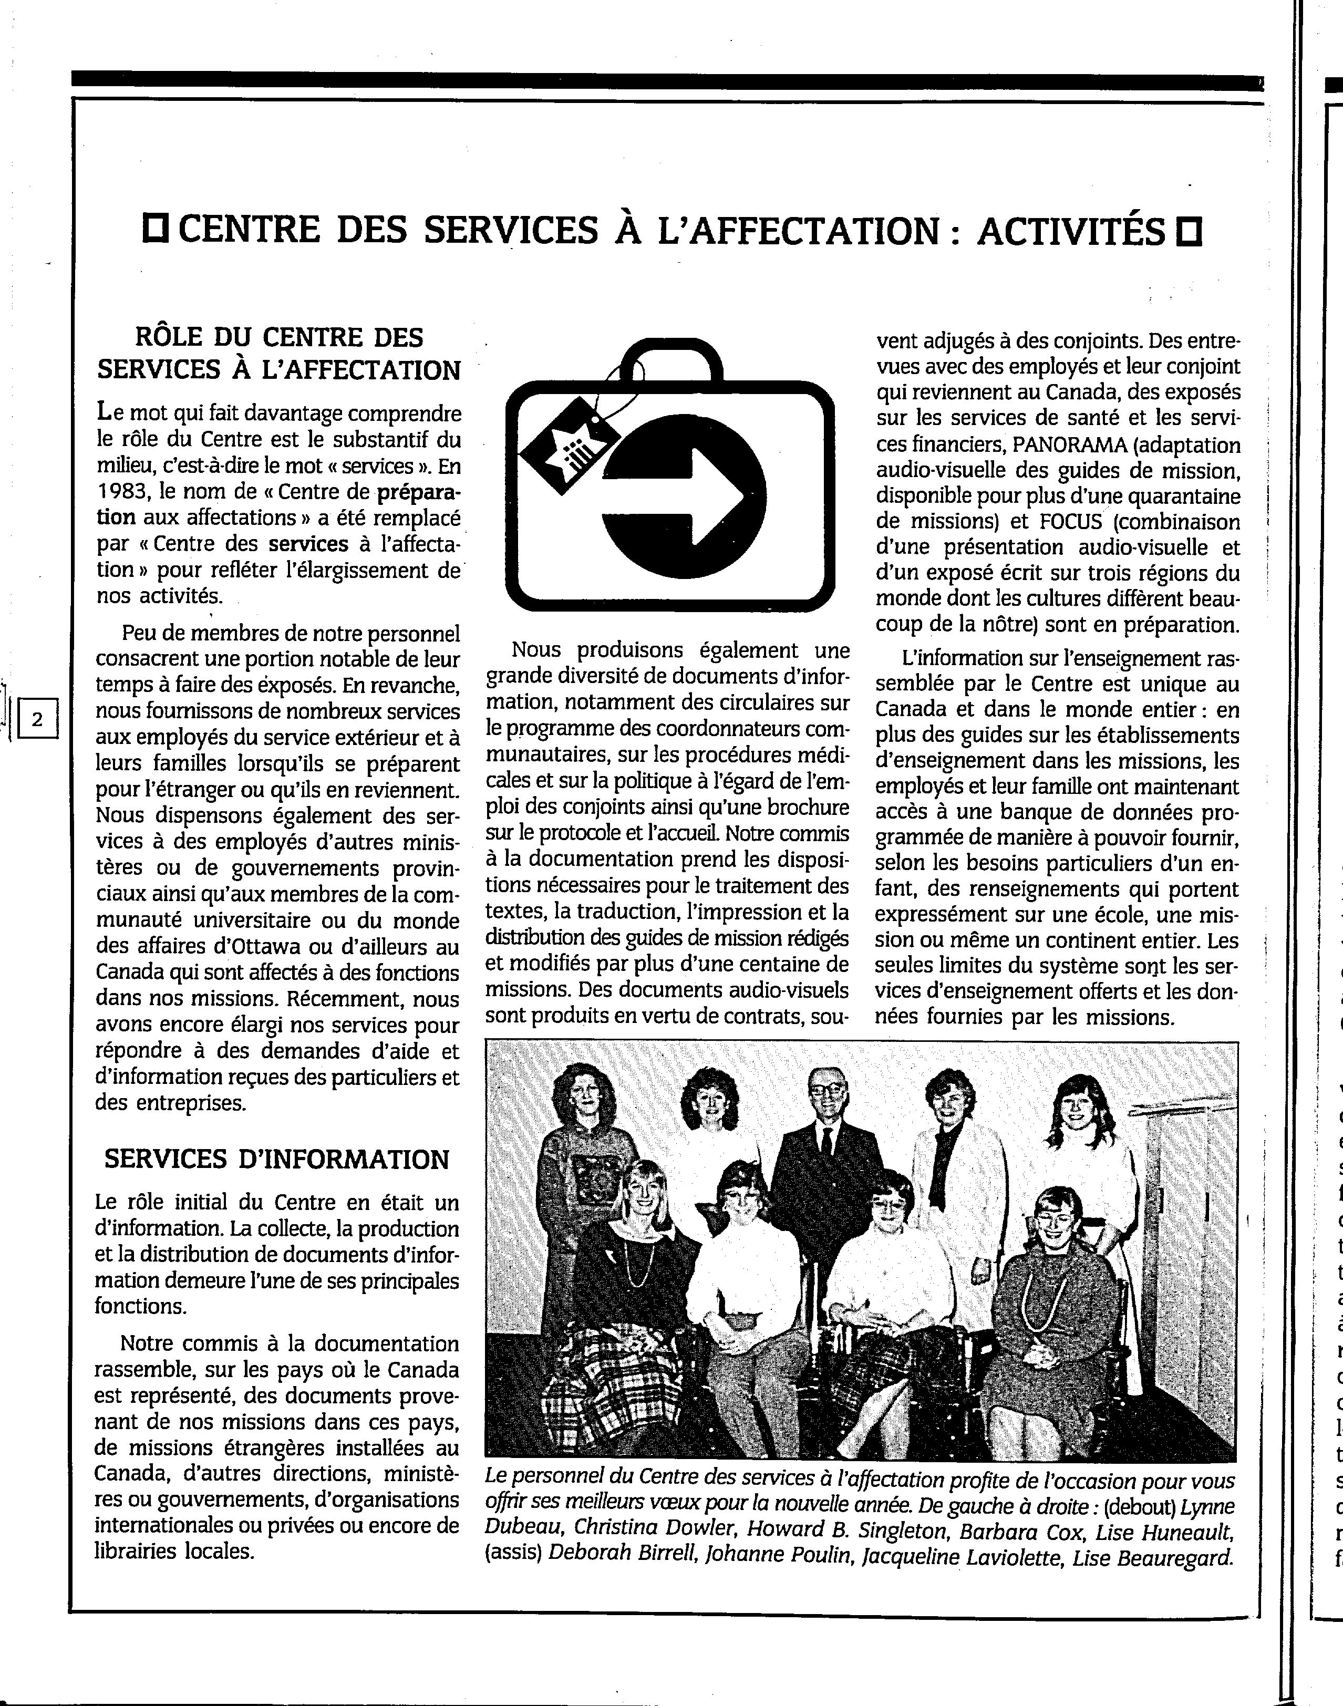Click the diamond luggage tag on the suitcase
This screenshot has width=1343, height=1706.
pyautogui.click(x=565, y=444)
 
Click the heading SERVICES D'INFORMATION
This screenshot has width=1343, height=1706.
pyautogui.click(x=277, y=1159)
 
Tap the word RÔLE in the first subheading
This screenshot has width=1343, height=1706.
pyautogui.click(x=170, y=337)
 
